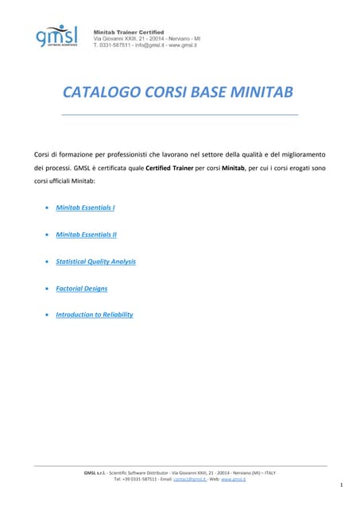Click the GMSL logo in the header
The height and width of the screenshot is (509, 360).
[56, 35]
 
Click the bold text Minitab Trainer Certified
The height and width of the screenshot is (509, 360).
[129, 30]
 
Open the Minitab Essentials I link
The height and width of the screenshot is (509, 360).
[85, 208]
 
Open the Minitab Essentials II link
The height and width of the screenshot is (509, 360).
[86, 235]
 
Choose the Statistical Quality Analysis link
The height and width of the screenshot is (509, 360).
[95, 261]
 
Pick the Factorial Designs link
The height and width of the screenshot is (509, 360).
[81, 288]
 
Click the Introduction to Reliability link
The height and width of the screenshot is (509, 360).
[94, 315]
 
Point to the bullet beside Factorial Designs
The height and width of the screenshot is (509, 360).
[47, 289]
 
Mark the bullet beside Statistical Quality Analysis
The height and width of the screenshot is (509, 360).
[47, 262]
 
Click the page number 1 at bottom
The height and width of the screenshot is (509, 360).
[340, 484]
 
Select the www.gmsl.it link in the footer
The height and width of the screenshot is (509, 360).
[233, 479]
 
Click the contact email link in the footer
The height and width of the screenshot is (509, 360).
[189, 479]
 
